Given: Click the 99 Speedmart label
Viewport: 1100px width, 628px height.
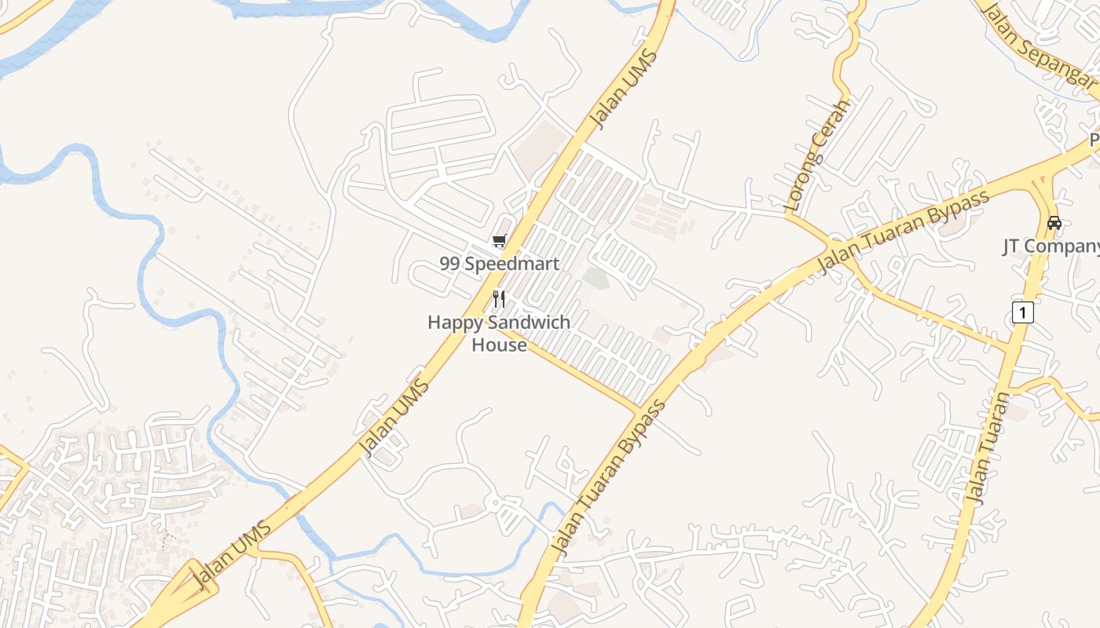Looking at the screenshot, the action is click(500, 264).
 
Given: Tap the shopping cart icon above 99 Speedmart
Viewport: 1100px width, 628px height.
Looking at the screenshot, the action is click(499, 241).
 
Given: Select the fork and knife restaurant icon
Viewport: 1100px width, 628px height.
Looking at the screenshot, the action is click(499, 299).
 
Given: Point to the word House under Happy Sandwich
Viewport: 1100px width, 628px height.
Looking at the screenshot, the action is click(499, 345).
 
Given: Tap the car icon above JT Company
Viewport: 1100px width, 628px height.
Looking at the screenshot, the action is click(1054, 223).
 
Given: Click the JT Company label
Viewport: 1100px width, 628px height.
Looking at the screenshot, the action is click(1051, 246).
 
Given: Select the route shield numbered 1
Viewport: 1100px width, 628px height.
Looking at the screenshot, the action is click(1021, 312).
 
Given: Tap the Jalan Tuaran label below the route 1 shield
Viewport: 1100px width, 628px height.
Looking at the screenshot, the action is click(988, 447).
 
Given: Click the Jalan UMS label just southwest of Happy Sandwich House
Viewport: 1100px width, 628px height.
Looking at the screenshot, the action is click(394, 418).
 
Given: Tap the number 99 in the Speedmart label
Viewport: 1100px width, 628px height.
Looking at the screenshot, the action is click(449, 264).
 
